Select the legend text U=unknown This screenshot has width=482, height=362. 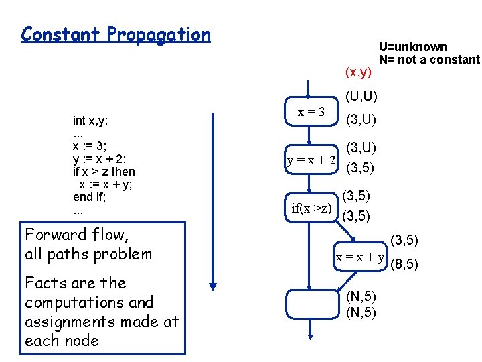click(x=412, y=47)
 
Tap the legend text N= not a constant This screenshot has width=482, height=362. click(x=429, y=60)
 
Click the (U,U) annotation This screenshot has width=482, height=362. click(x=361, y=97)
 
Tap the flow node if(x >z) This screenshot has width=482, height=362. click(x=312, y=208)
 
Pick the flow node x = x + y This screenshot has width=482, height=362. click(x=360, y=257)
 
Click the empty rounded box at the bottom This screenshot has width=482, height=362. click(x=310, y=304)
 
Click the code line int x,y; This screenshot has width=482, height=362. click(x=90, y=121)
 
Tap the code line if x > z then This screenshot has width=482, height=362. click(x=104, y=172)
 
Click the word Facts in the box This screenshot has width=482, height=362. click(x=45, y=283)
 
